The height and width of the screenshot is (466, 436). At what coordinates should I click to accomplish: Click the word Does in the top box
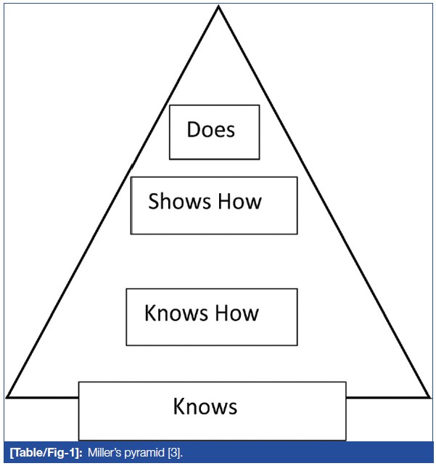(211, 130)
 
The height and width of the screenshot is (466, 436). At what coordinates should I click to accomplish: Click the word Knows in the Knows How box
(170, 314)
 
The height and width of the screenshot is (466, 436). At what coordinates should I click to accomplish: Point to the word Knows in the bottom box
(205, 406)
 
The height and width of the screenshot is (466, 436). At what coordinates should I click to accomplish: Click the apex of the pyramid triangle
(219, 7)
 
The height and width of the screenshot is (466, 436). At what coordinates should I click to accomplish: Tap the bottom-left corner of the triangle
(7, 397)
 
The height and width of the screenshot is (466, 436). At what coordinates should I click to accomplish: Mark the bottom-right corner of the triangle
(429, 397)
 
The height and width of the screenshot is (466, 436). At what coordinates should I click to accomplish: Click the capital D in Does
(193, 130)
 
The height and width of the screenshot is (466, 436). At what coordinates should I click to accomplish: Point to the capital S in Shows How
(154, 201)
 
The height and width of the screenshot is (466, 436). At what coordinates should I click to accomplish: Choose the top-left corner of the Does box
(170, 105)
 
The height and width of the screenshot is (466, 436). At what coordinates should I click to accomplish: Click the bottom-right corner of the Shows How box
(297, 234)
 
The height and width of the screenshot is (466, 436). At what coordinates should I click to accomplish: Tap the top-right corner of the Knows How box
(297, 289)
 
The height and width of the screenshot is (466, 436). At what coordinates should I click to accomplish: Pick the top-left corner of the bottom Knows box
(79, 382)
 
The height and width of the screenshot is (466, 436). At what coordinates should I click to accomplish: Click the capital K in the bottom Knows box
(180, 406)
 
